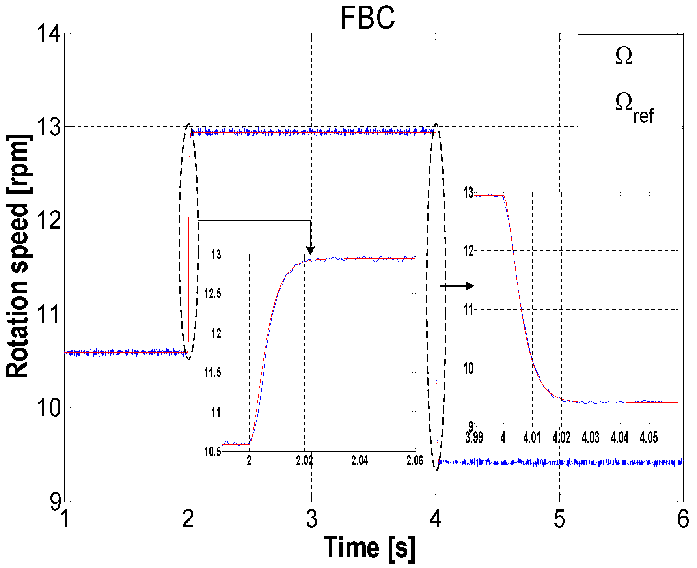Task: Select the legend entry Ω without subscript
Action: pyautogui.click(x=624, y=56)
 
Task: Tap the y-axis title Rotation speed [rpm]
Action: pyautogui.click(x=18, y=256)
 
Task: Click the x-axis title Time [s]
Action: pyautogui.click(x=369, y=548)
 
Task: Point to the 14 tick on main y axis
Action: pyautogui.click(x=49, y=33)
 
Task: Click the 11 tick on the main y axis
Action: pyautogui.click(x=49, y=314)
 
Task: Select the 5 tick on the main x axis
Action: pyautogui.click(x=559, y=519)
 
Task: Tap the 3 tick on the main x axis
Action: pyautogui.click(x=311, y=519)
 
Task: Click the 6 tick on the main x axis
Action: pyautogui.click(x=683, y=519)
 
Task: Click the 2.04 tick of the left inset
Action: pyautogui.click(x=359, y=461)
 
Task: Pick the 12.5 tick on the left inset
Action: pyautogui.click(x=212, y=294)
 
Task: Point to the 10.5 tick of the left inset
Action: pyautogui.click(x=212, y=452)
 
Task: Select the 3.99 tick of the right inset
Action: pyautogui.click(x=474, y=437)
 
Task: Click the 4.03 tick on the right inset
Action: pyautogui.click(x=590, y=437)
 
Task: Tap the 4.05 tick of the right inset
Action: pyautogui.click(x=649, y=437)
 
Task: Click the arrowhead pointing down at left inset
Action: pyautogui.click(x=311, y=250)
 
